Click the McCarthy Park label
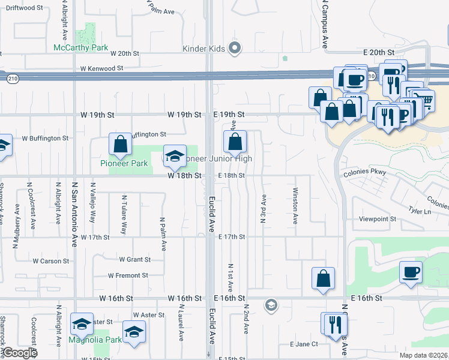(80, 47)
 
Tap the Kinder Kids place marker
(235, 47)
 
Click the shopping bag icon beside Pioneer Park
(121, 144)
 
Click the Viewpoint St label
(376, 219)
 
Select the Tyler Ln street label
(420, 211)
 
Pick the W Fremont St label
(128, 275)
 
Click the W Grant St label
(134, 260)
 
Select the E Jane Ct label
(303, 344)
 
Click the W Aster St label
(148, 315)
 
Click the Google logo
(20, 353)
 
